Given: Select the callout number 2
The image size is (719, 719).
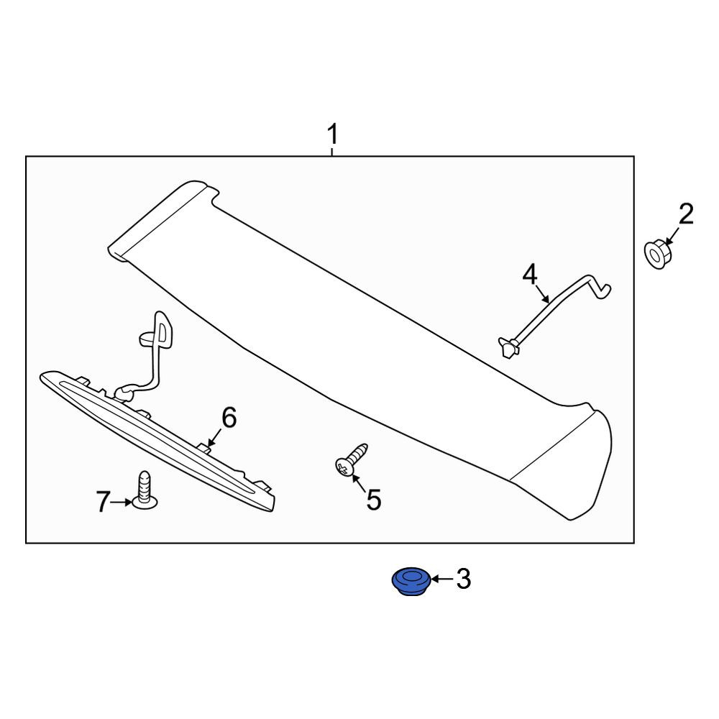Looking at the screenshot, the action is (x=686, y=214).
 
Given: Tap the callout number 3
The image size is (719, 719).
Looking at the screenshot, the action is (x=464, y=579).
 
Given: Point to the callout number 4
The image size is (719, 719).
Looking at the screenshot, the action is (x=530, y=275).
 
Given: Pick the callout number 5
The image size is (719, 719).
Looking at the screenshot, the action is (x=374, y=500).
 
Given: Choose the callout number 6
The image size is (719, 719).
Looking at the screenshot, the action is (x=229, y=418).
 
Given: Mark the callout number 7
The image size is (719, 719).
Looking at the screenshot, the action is (x=103, y=502).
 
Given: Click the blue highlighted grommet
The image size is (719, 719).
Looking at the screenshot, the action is (x=411, y=581).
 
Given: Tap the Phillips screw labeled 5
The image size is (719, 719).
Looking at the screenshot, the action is (x=351, y=459).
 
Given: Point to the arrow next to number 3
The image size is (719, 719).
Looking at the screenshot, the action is (x=441, y=580).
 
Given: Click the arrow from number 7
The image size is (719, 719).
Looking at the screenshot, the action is (x=122, y=503).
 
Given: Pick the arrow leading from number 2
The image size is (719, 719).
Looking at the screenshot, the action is (x=672, y=236).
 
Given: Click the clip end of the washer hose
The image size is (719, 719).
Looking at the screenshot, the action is (x=508, y=347).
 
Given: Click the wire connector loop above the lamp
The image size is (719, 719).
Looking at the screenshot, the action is (x=157, y=330).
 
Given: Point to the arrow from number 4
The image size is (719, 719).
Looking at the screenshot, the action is (x=542, y=294).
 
